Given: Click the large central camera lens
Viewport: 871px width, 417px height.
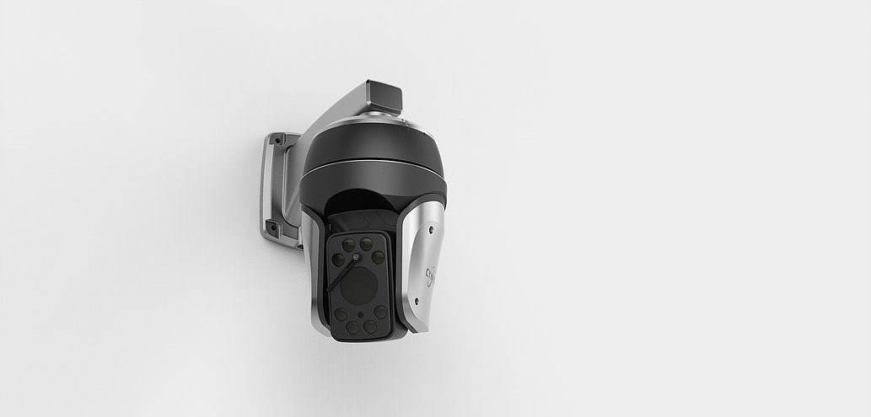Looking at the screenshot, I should click(x=359, y=287).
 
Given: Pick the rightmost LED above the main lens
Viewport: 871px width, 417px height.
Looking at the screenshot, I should click(x=379, y=257).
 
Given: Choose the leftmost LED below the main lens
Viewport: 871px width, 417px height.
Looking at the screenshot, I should click(x=341, y=313).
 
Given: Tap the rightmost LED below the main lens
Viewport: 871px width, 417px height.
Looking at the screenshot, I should click(x=381, y=312).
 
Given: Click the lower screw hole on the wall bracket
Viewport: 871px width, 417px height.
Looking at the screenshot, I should click(x=272, y=227).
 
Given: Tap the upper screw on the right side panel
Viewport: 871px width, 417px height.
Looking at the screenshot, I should click(x=430, y=229).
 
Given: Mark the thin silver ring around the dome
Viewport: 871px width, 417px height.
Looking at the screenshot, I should click(x=371, y=166).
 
